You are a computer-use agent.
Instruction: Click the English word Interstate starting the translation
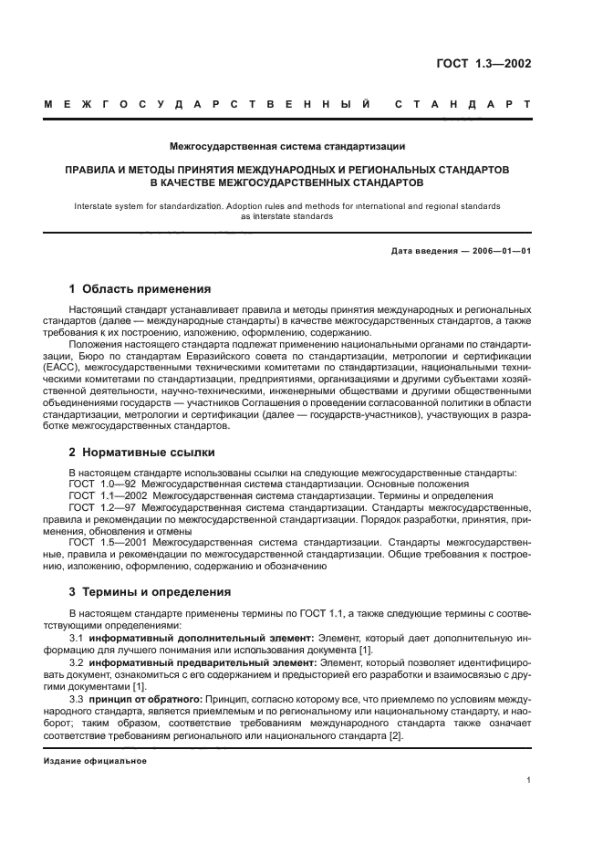pyautogui.click(x=99, y=206)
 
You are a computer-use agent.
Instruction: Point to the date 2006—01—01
pyautogui.click(x=498, y=249)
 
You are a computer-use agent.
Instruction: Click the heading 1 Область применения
pyautogui.click(x=140, y=289)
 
